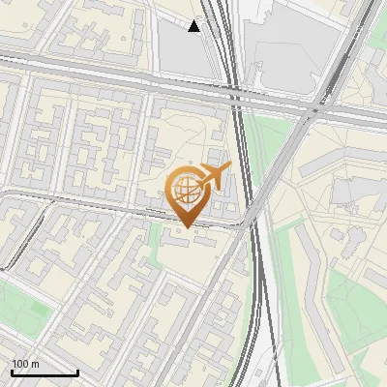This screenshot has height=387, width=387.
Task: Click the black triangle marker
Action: [194, 26]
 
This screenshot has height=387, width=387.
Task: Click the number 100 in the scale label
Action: [20, 364]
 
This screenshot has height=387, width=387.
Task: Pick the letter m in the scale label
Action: [36, 364]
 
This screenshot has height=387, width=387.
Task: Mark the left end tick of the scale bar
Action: [11, 372]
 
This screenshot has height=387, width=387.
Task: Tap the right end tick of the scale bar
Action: [77, 372]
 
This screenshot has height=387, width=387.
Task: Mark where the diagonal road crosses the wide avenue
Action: [312, 108]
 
